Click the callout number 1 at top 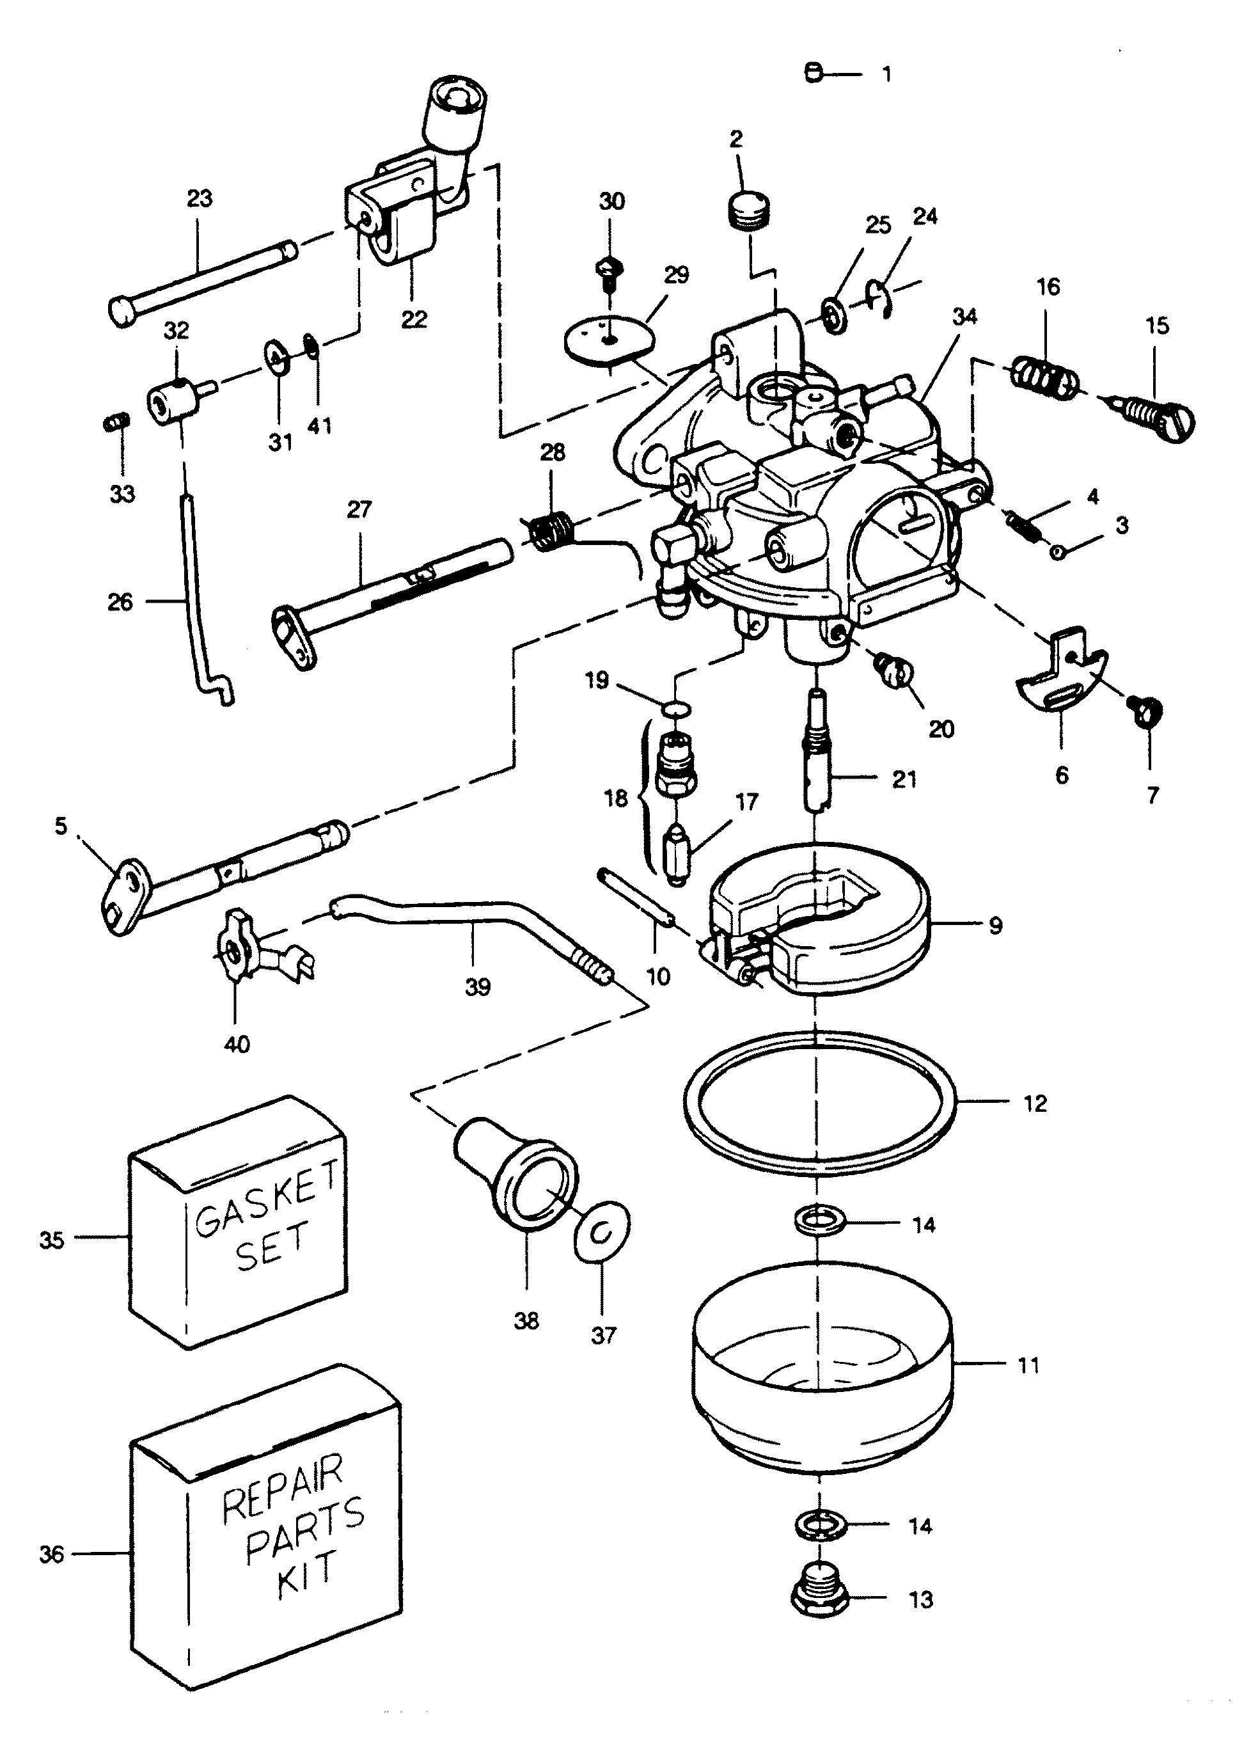tap(886, 75)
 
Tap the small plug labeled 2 tap(747, 209)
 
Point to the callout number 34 tap(965, 317)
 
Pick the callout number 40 tap(237, 1044)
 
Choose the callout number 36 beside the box tap(51, 1555)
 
